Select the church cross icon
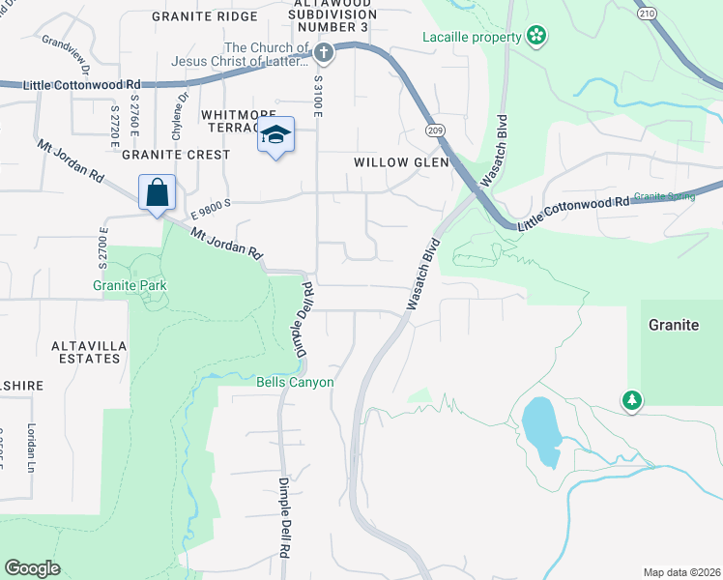click(x=324, y=53)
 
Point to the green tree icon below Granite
click(x=631, y=399)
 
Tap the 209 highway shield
click(x=433, y=130)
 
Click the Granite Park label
click(x=130, y=285)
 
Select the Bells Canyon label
click(x=295, y=382)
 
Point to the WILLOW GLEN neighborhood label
click(x=401, y=162)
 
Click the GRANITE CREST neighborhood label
click(x=176, y=155)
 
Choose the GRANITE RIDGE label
click(x=205, y=16)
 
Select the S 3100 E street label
click(x=318, y=96)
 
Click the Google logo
click(x=32, y=568)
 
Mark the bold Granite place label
click(x=674, y=325)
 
